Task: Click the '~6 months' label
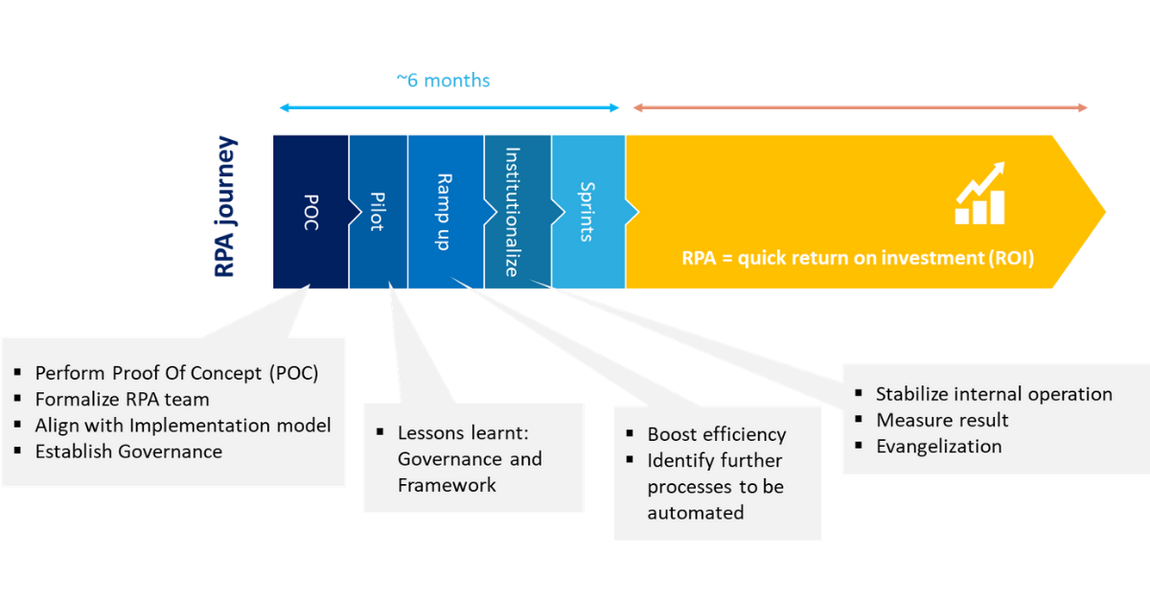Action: [444, 81]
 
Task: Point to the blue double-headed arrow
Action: [449, 108]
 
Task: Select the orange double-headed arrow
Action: [861, 108]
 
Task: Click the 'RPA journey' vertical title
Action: [225, 206]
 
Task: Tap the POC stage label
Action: [311, 212]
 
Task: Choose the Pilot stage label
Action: [378, 212]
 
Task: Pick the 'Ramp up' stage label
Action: [444, 212]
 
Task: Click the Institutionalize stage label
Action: [513, 212]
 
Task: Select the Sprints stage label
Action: [586, 212]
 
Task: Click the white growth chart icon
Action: [979, 194]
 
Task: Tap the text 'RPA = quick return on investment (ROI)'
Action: [858, 258]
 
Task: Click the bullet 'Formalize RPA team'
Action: [123, 400]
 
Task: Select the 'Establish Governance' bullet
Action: [128, 451]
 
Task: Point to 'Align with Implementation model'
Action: [183, 426]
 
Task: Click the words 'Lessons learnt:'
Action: [463, 433]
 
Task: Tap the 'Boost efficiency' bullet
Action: [717, 434]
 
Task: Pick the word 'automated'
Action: [696, 513]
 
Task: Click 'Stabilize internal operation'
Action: [994, 394]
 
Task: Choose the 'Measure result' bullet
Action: [942, 420]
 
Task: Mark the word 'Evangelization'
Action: [939, 447]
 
